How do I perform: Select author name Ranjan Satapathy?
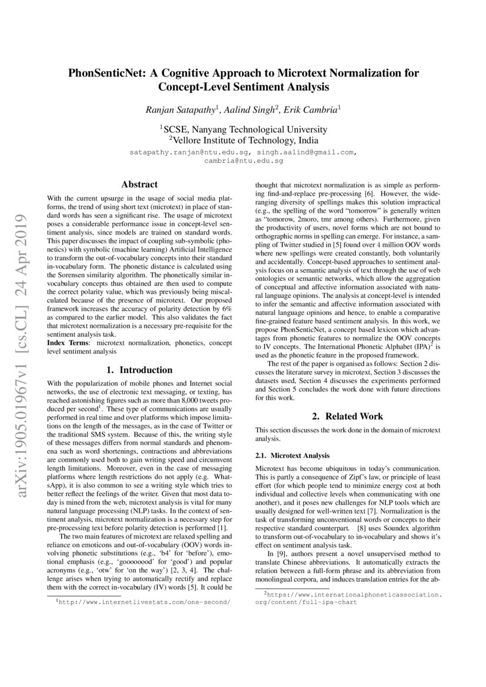coord(180,109)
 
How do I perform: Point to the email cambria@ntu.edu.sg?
coord(243,160)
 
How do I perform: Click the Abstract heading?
coord(139,184)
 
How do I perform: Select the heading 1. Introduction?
coord(139,370)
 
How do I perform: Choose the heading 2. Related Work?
coord(347,416)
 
